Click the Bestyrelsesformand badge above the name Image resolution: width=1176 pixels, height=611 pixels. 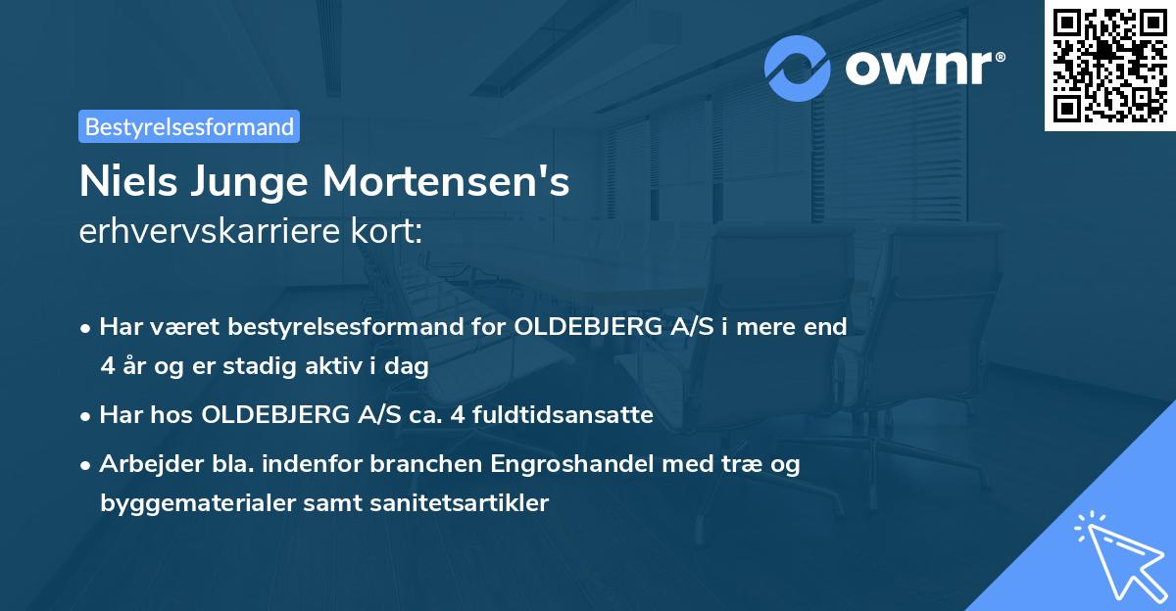[189, 126]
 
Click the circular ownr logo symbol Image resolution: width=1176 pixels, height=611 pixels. [798, 68]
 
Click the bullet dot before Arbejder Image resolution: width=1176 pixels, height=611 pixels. [86, 465]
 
